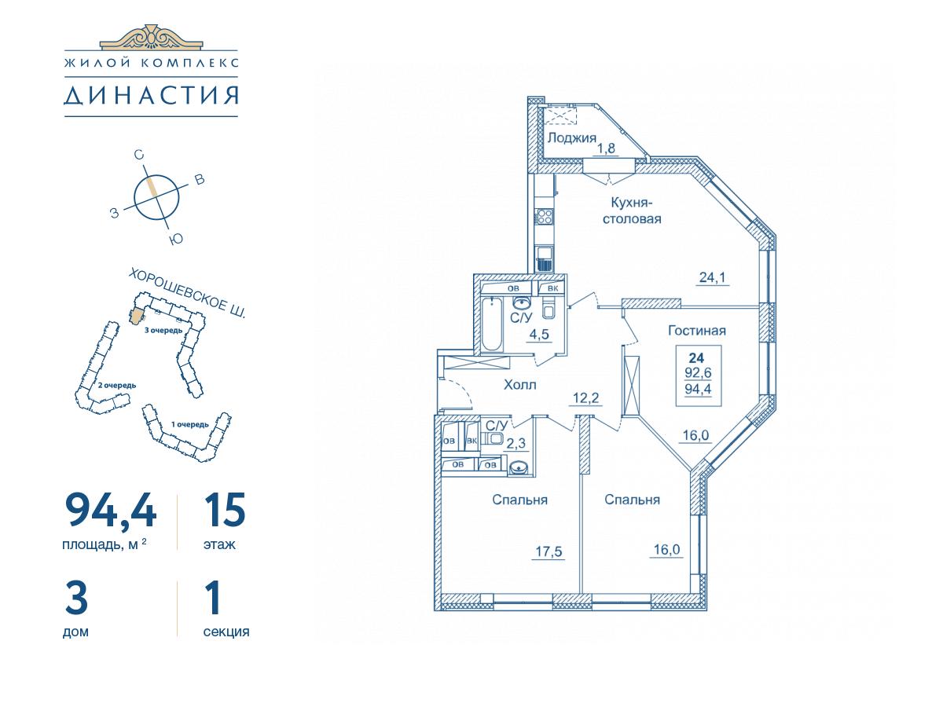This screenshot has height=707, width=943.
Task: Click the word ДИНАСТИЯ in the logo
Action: point(151,96)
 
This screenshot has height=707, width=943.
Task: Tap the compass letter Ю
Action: point(177,238)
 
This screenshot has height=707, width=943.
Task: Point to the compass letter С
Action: point(138,155)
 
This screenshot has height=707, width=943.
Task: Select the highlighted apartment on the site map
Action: point(137,316)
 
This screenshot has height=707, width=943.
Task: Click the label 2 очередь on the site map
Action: point(117,386)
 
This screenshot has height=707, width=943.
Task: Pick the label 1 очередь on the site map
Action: point(190,424)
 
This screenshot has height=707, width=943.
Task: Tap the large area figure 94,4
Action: point(111,510)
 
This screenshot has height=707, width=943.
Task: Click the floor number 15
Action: point(225,510)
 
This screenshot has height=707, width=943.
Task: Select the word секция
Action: point(226,632)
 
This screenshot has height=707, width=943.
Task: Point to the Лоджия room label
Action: point(572,137)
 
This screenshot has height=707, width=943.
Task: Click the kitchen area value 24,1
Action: point(712,277)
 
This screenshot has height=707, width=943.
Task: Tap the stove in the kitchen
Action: point(545,216)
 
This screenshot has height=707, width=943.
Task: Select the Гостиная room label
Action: point(697,331)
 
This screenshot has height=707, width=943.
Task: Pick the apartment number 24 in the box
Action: point(697,357)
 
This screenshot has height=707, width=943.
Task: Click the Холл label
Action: point(520,385)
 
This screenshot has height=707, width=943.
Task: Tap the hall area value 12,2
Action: point(586,398)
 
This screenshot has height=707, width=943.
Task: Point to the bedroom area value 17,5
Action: point(549,551)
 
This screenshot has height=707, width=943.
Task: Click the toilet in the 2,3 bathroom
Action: point(494,438)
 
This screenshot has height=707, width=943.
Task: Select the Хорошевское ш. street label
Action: point(188,294)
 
